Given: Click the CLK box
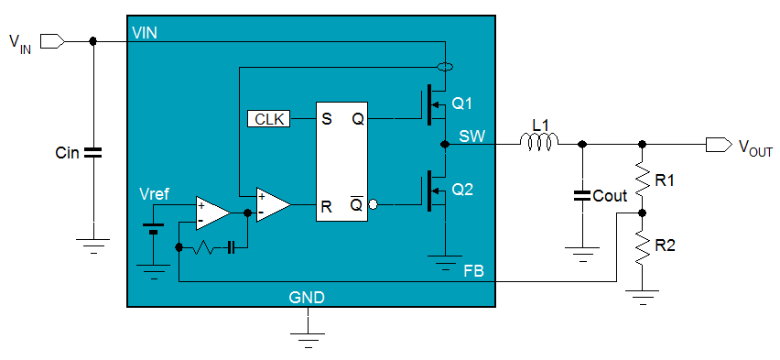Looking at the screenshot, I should [x=269, y=119].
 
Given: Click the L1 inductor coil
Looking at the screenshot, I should [x=539, y=142].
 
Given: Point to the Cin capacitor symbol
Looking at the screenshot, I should [x=92, y=152].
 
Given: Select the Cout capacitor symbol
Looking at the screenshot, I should [x=581, y=195].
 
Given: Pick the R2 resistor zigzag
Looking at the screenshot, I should [x=642, y=245].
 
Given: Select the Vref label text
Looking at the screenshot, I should [x=154, y=194].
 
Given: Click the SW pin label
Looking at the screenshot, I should [x=471, y=136].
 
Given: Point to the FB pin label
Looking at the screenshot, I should [x=475, y=273].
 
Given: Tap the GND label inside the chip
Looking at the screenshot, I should [x=307, y=297].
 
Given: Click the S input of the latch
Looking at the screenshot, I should [x=325, y=119].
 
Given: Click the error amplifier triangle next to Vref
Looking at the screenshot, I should [x=211, y=212].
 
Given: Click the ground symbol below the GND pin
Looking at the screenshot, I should [x=309, y=336].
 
